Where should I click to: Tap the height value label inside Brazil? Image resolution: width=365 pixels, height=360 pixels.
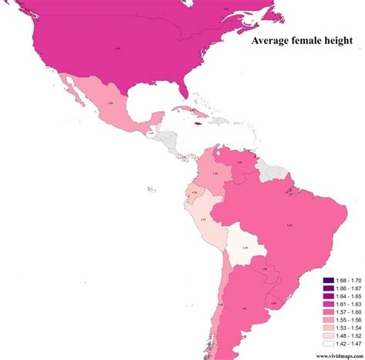point(289,225)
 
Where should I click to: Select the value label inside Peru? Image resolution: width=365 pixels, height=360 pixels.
point(203,220)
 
